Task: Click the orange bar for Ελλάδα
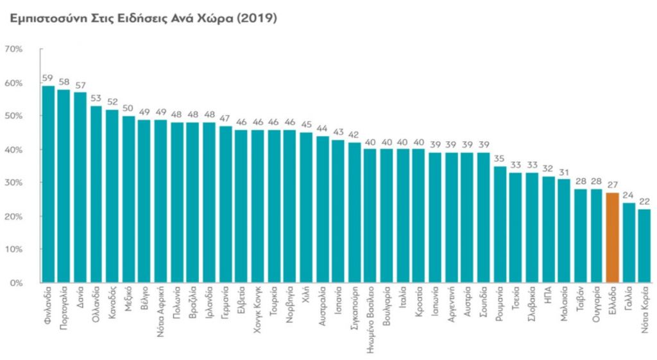coord(612,237)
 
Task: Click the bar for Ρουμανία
coord(499,225)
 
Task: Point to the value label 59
coord(47,78)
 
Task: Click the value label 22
coord(644,201)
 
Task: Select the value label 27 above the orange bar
coord(612,185)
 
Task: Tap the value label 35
coord(499,159)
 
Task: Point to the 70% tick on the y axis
coord(13,49)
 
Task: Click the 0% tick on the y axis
coord(16,282)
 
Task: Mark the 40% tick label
coord(13,150)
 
